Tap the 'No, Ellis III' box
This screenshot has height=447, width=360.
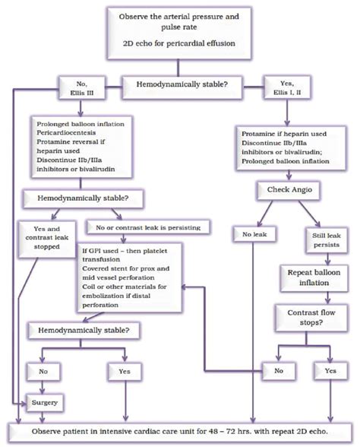(71, 87)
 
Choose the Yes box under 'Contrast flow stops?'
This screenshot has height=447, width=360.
(328, 372)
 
